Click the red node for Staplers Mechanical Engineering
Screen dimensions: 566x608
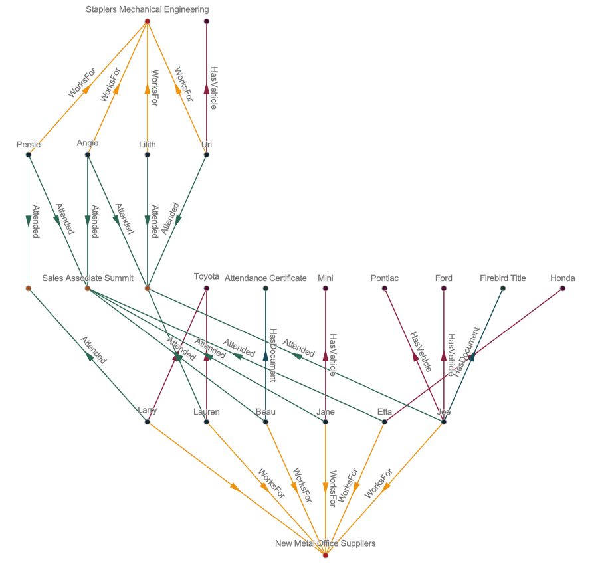click(147, 21)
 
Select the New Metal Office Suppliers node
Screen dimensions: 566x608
click(325, 555)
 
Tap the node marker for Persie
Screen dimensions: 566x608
click(28, 155)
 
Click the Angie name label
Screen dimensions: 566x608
click(88, 143)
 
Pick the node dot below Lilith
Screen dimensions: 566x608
click(147, 155)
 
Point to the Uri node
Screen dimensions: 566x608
click(206, 155)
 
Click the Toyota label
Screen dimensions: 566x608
click(207, 277)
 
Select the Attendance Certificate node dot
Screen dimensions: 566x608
click(266, 288)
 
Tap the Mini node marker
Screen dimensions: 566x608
click(325, 288)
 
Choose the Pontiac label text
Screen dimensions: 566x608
click(385, 278)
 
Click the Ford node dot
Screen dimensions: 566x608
click(444, 288)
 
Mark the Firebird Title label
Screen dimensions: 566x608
click(502, 278)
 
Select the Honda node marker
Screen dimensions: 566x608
click(563, 288)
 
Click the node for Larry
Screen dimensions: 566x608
click(147, 421)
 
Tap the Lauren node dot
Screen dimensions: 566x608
click(207, 421)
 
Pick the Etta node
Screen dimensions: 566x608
click(385, 421)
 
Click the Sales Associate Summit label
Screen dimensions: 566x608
click(88, 278)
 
